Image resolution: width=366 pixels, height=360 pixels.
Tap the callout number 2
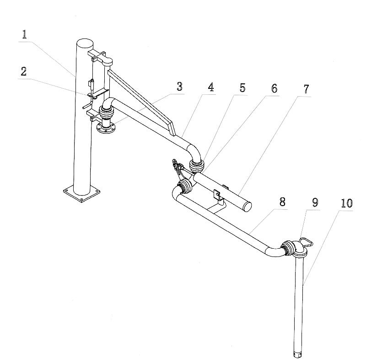pyautogui.click(x=24, y=71)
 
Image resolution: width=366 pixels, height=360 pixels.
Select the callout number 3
pyautogui.click(x=179, y=86)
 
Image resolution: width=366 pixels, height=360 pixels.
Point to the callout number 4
pyautogui.click(x=210, y=87)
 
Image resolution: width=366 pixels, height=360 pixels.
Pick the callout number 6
pyautogui.click(x=274, y=88)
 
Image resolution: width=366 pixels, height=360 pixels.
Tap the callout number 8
pyautogui.click(x=282, y=202)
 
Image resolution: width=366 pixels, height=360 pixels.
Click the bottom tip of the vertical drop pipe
pyautogui.click(x=297, y=354)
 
